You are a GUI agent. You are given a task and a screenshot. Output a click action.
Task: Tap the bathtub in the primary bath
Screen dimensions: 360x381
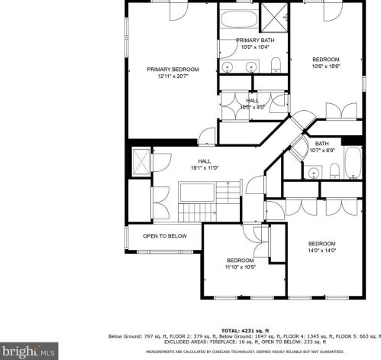239,21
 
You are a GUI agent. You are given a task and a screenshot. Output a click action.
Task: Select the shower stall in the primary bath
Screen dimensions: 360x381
272,15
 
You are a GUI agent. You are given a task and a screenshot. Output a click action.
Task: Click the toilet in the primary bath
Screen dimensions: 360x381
277,63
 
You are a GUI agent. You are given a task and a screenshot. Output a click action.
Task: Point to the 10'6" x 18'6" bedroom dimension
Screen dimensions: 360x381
326,67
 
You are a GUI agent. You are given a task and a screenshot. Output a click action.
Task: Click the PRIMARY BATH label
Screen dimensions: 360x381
255,40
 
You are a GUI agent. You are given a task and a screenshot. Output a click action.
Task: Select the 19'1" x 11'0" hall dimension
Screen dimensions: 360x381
205,168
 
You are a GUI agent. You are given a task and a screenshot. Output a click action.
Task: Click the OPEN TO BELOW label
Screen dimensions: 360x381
165,236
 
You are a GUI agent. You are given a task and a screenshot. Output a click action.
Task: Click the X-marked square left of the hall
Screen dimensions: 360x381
140,162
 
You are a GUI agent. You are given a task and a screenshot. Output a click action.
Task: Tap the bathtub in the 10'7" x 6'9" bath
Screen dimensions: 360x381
352,163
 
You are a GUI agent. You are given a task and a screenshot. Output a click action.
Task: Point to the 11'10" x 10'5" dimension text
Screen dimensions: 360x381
240,268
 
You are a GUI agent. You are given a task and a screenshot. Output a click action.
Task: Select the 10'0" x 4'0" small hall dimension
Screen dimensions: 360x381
251,107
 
